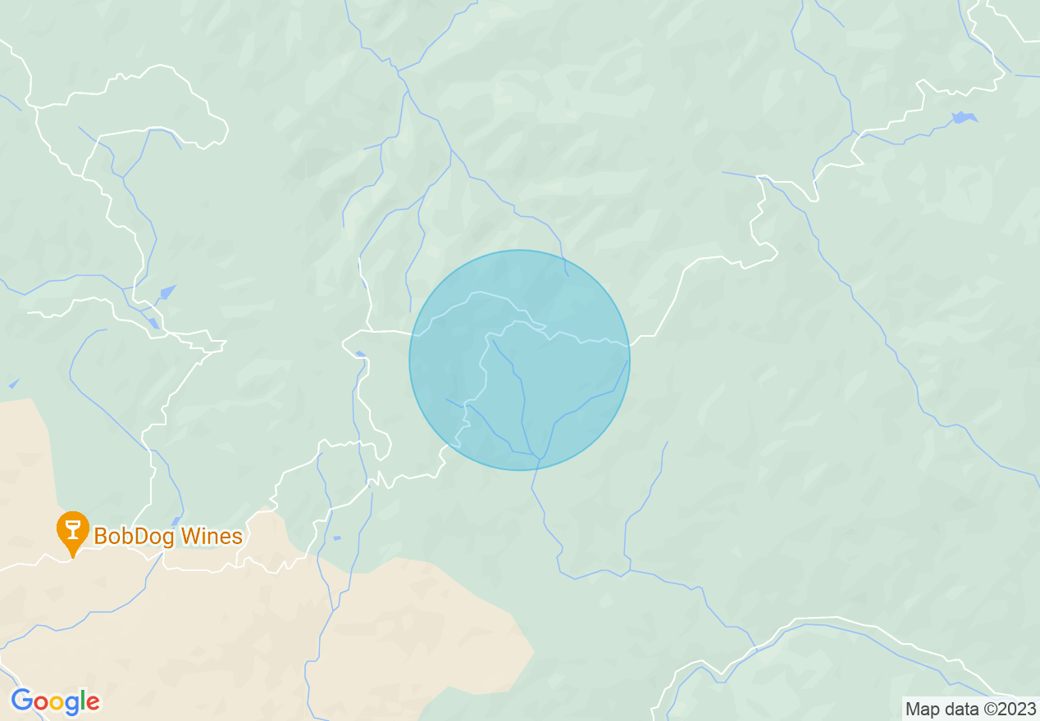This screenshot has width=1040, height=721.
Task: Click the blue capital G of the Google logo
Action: [22, 701]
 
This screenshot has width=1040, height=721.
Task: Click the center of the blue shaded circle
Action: [520, 360]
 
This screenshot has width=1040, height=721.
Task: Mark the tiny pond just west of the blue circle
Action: [361, 354]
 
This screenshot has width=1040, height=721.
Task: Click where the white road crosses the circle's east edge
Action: [629, 346]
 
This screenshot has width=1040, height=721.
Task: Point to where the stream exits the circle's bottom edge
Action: [536, 469]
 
